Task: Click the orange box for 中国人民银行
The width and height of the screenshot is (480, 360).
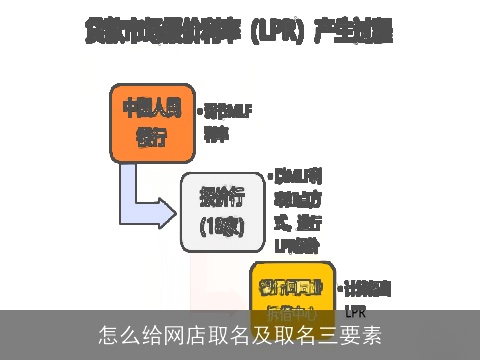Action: click(151, 122)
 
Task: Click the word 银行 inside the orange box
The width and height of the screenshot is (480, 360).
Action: click(151, 135)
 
